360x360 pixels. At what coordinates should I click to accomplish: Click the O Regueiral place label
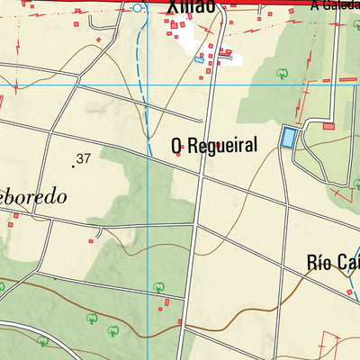214,145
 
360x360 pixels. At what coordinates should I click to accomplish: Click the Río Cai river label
332,263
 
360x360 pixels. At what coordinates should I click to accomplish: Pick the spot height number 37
84,158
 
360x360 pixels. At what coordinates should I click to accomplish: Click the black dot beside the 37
73,166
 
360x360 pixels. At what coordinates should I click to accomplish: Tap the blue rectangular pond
288,138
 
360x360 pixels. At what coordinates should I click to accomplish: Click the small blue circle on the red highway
137,7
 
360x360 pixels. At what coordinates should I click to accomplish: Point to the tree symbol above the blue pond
282,73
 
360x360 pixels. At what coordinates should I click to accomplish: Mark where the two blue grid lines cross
148,85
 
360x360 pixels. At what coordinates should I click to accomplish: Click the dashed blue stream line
140,99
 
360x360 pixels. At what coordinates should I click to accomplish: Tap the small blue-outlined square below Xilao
199,59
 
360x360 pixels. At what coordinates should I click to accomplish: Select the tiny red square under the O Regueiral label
178,156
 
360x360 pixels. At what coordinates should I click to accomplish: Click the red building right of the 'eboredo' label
91,240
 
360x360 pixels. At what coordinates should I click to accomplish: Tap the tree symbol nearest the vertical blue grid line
158,287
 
